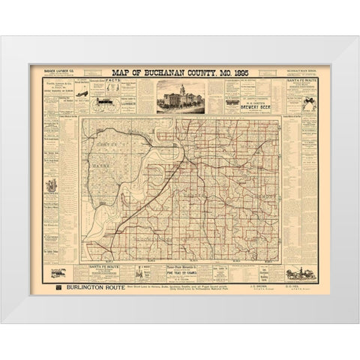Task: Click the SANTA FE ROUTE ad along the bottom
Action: point(106,266)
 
